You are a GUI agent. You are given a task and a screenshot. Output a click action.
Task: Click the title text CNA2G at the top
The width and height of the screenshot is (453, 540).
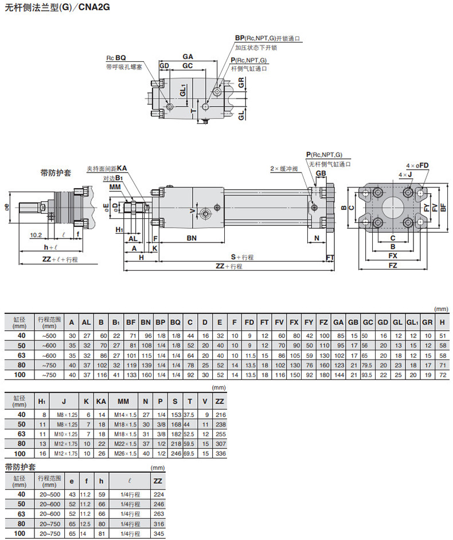94,7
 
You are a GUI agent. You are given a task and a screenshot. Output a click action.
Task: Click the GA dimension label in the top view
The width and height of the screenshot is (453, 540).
188,57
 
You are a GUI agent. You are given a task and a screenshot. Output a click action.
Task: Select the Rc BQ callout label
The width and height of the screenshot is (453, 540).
116,58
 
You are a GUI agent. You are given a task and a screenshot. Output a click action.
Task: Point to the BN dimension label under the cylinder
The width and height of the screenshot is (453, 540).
192,238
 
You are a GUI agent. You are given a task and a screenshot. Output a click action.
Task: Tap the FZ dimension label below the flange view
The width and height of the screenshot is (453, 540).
393,265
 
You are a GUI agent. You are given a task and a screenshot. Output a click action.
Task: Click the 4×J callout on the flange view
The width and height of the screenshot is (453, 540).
405,175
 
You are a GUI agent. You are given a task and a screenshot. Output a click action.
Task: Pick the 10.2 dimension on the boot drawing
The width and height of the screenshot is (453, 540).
36,235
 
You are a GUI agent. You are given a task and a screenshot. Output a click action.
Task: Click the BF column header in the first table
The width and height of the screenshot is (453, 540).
131,322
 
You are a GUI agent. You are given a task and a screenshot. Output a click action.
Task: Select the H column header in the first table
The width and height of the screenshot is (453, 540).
442,322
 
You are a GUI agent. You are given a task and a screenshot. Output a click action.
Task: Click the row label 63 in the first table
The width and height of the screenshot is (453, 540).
21,355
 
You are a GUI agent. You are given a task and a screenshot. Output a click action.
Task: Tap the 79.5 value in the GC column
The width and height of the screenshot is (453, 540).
366,365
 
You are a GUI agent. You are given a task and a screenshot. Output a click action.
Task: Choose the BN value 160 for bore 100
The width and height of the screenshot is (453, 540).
147,375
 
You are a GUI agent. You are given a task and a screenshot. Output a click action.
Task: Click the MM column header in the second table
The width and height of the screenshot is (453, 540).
123,401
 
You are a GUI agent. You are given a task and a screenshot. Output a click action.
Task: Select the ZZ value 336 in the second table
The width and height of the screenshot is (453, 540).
220,454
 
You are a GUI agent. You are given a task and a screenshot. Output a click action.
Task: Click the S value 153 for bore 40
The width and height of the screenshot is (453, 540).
176,414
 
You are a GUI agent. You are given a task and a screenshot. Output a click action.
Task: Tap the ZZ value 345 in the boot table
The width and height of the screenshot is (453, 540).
158,534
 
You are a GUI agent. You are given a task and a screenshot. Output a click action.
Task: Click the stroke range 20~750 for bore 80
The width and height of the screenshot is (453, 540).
50,524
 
